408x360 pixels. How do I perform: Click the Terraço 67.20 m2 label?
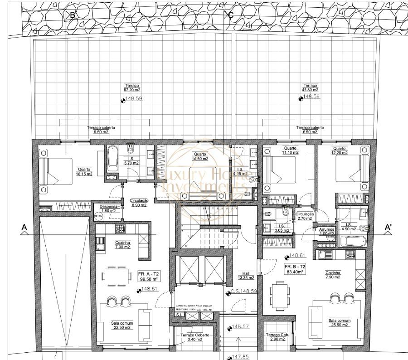[133, 88]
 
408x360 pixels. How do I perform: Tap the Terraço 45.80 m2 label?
[311, 88]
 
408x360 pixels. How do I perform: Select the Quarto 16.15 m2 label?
[84, 172]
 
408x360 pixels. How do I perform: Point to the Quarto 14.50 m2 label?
[200, 156]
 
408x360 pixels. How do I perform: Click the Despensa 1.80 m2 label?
[108, 209]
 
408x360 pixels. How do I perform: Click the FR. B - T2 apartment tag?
[295, 269]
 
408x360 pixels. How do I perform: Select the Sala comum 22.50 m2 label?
[121, 325]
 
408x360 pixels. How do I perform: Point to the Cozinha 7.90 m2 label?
[333, 275]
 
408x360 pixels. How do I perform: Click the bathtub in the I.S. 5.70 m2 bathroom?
[112, 158]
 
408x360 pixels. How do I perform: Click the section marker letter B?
[72, 15]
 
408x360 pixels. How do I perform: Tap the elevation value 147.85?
[238, 357]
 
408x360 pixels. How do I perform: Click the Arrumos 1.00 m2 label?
[326, 232]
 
